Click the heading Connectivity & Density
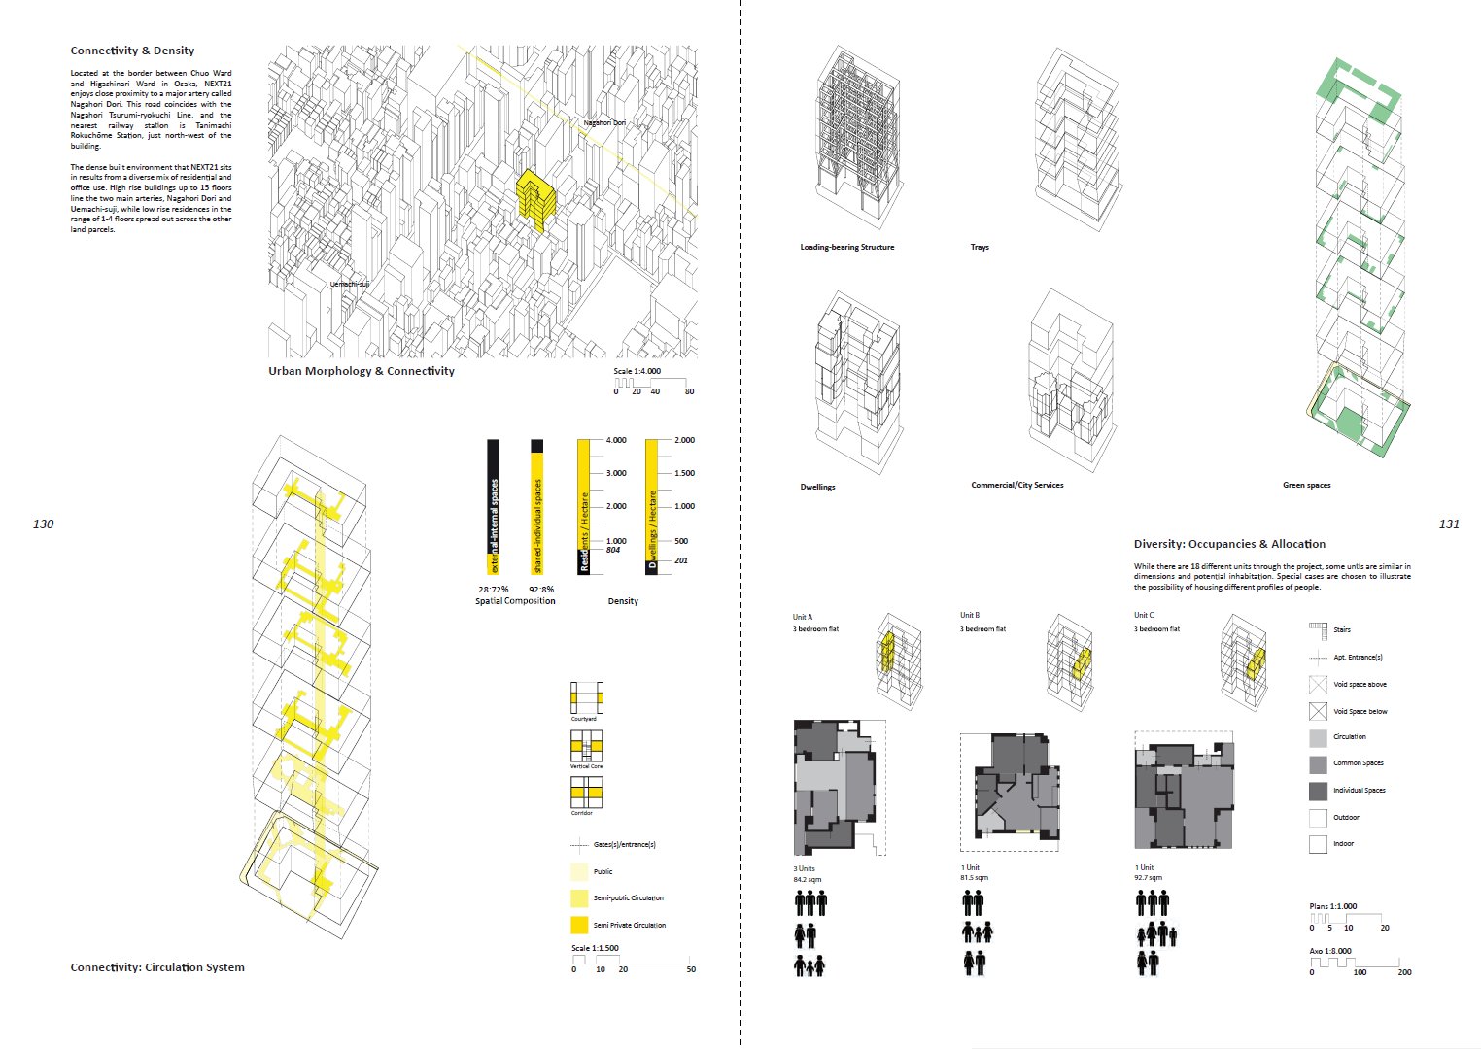point(132,51)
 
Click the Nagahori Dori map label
point(604,123)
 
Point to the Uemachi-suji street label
point(350,284)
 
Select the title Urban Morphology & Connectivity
point(362,371)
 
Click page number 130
point(43,524)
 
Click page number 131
point(1448,524)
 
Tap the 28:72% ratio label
point(493,590)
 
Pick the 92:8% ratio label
point(541,590)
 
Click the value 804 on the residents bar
point(613,551)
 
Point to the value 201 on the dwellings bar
point(680,560)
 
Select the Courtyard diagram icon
point(586,697)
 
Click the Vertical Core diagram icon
point(586,745)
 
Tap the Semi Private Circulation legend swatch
point(579,925)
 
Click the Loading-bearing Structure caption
point(846,247)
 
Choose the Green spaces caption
point(1306,485)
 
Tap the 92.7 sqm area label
point(1148,878)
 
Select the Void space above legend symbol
point(1318,685)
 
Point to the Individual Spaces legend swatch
point(1318,791)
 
